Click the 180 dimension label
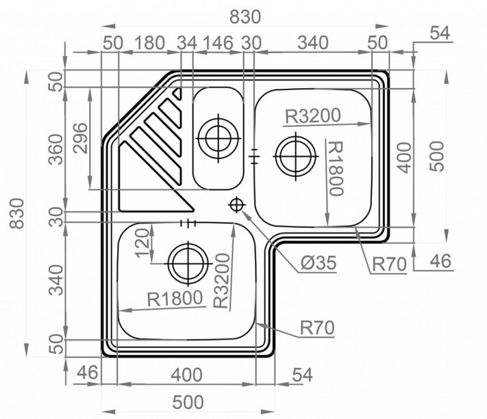coord(150,43)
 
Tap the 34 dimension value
coord(187,43)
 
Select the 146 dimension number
coord(218,43)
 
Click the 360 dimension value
coord(57,149)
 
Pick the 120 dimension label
coord(142,243)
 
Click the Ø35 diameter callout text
coord(318,263)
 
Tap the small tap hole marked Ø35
coord(237,205)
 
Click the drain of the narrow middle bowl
coord(219,139)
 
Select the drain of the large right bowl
coord(295,156)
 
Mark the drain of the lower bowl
coord(188,263)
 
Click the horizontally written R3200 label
coord(313,116)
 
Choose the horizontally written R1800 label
coord(175,299)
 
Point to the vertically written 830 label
coord(17,213)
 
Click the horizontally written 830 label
coord(245,17)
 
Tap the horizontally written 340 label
coord(313,43)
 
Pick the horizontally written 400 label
coord(187,375)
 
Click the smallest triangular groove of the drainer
coord(178,94)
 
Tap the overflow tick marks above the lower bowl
coord(188,223)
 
